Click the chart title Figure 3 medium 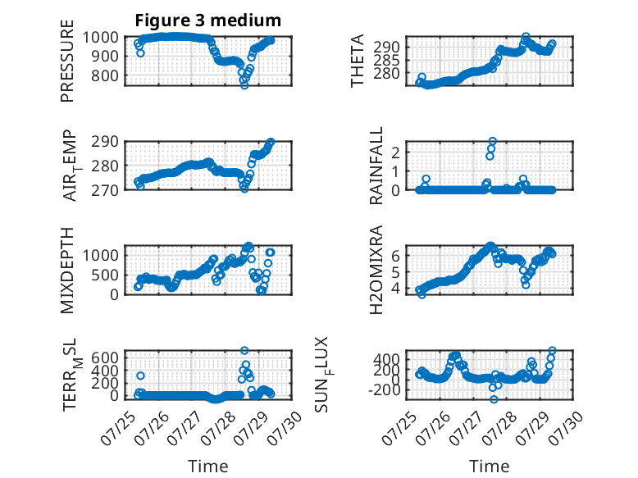[208, 20]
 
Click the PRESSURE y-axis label [67, 61]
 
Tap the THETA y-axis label [358, 61]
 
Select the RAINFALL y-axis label [376, 166]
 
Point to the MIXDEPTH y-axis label [67, 271]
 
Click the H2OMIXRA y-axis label [376, 270]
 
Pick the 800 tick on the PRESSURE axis [105, 75]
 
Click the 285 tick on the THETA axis [386, 61]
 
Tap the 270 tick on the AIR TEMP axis [105, 190]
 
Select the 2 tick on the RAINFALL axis [395, 153]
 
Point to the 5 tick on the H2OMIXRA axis [395, 272]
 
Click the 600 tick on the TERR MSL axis [105, 358]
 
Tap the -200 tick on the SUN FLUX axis [384, 390]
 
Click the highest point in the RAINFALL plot [493, 141]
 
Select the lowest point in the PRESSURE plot [244, 85]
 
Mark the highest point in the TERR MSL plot [244, 350]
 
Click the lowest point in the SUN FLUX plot [494, 399]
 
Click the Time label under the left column [208, 467]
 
